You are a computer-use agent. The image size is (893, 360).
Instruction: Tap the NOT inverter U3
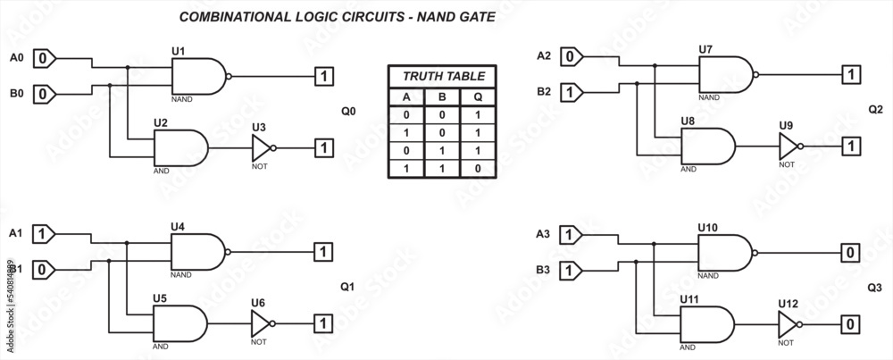(x=262, y=147)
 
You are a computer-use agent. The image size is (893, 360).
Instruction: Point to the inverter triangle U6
(x=262, y=322)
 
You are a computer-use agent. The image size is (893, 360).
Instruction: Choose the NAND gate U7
(x=725, y=77)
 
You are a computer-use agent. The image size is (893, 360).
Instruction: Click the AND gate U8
(x=707, y=145)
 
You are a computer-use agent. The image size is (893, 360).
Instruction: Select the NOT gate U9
(x=789, y=145)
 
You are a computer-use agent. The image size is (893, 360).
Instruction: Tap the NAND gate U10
(x=725, y=253)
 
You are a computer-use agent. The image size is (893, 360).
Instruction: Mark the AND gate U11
(x=707, y=322)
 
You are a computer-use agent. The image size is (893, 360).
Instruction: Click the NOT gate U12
(x=789, y=322)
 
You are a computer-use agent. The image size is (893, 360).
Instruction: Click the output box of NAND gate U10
(x=851, y=253)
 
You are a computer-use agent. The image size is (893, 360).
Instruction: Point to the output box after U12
(x=851, y=322)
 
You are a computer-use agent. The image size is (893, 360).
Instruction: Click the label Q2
(x=875, y=110)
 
